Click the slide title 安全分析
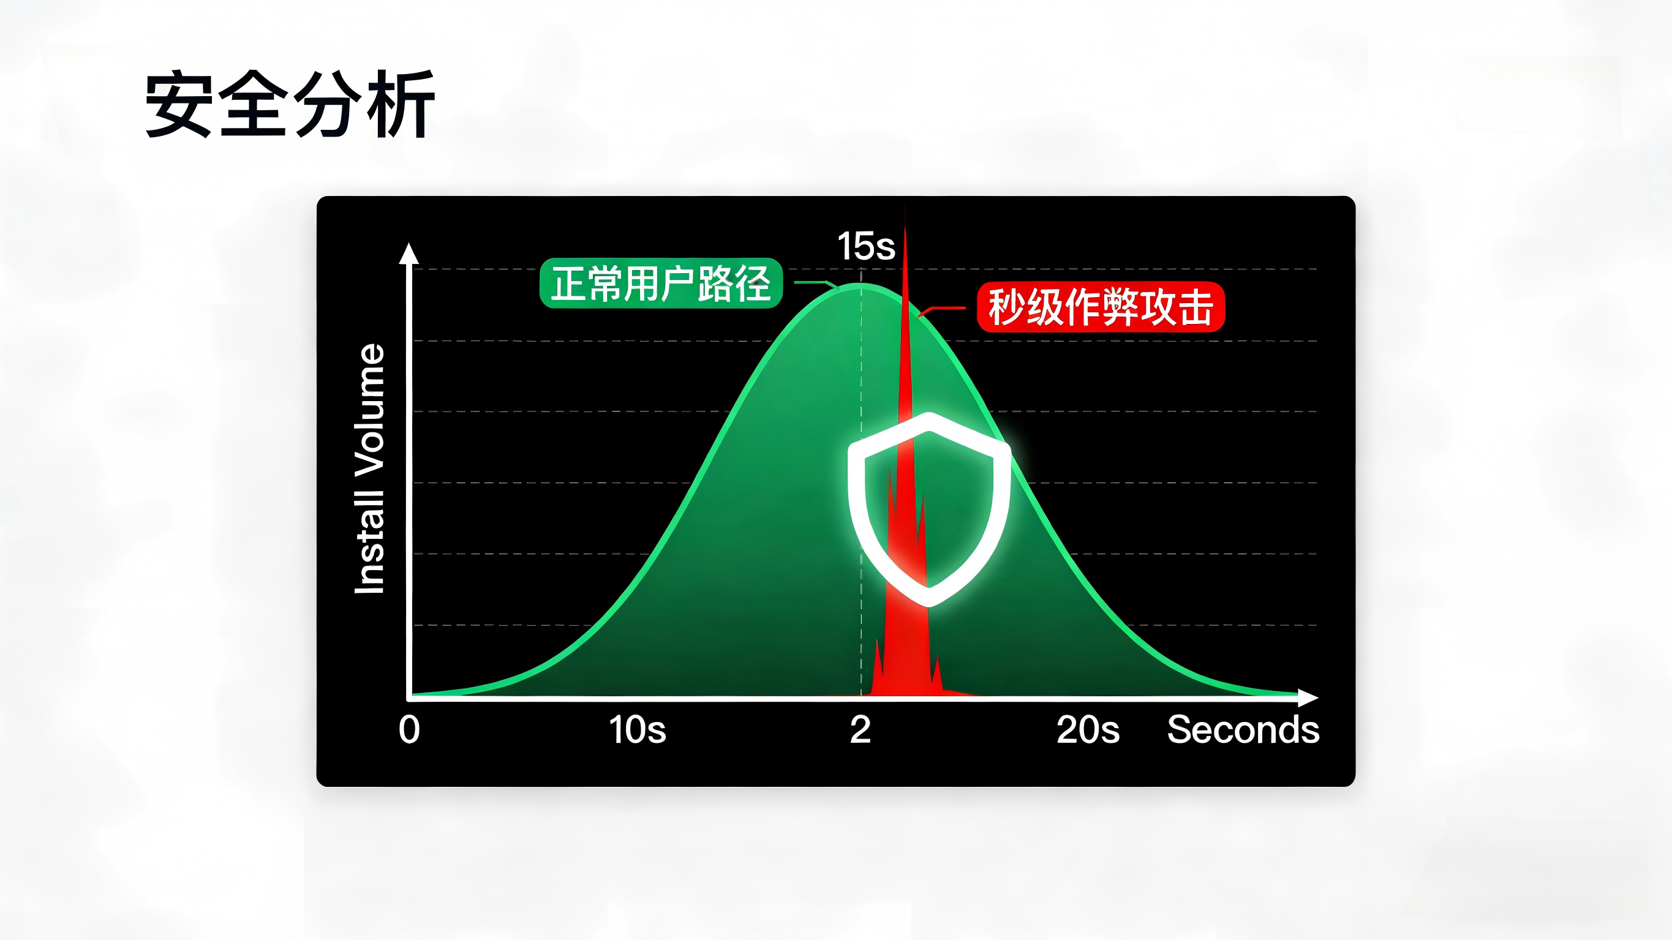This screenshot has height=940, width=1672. (x=290, y=104)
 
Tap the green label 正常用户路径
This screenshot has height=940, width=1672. (x=661, y=283)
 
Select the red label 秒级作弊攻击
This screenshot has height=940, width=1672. (x=1101, y=307)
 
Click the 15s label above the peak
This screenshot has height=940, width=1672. (x=866, y=246)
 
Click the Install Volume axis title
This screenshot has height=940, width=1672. (x=369, y=468)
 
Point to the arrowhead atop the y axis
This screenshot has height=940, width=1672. (x=409, y=253)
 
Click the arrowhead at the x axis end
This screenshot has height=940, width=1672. (x=1308, y=698)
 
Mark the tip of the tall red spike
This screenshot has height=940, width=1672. (x=905, y=205)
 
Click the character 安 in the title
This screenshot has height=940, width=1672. (x=179, y=104)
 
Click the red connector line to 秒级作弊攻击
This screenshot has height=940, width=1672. (x=942, y=309)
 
